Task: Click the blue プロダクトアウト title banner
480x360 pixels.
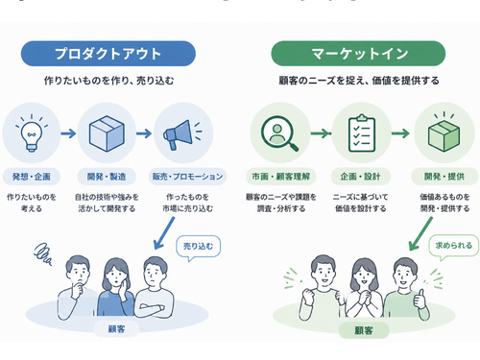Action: coord(108,54)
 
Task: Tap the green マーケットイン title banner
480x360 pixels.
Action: coord(358,54)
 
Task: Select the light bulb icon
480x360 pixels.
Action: coord(32,132)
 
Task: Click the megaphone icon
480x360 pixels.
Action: coord(182,134)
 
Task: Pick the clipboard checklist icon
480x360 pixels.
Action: coord(362,133)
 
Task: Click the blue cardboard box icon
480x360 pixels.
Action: coord(107,133)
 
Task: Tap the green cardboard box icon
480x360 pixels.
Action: coord(444,132)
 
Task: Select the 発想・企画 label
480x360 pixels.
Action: coord(32,177)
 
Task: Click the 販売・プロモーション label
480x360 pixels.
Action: coord(187,177)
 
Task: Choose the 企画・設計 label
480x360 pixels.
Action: coord(360,177)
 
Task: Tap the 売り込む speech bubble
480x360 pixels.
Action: coord(198,248)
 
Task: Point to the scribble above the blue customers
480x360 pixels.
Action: coord(43,254)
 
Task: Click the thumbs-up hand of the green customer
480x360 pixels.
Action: coord(420,300)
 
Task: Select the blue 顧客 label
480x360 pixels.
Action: coord(116,329)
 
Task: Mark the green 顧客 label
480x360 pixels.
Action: coord(364,330)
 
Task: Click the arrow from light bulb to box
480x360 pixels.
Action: coord(68,133)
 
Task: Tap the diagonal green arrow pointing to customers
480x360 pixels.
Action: coord(420,234)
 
